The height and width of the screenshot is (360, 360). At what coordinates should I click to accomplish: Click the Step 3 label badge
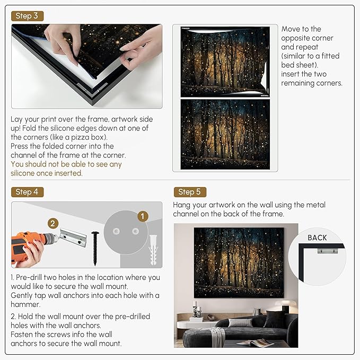[x=27, y=16]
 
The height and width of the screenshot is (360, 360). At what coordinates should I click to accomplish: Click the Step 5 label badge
[x=189, y=191]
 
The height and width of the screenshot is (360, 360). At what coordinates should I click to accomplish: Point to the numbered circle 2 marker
[x=52, y=224]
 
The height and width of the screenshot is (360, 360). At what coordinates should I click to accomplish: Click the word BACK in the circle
[x=317, y=238]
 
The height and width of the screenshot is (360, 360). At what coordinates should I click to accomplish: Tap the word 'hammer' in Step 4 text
[x=25, y=304]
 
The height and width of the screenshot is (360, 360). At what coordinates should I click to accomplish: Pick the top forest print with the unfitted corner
[x=225, y=62]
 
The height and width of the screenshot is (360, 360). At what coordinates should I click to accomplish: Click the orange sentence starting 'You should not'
[x=66, y=169]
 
